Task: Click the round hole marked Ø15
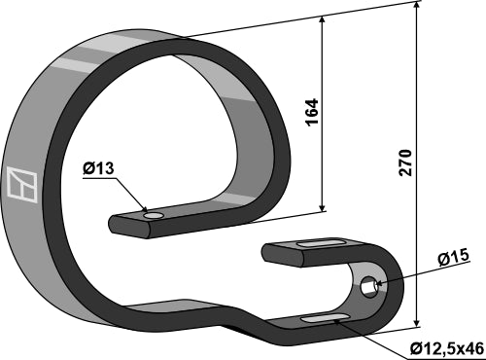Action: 369,287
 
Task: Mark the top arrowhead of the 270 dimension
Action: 418,8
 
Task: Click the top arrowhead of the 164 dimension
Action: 324,20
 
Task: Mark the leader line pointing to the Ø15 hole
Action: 408,273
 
